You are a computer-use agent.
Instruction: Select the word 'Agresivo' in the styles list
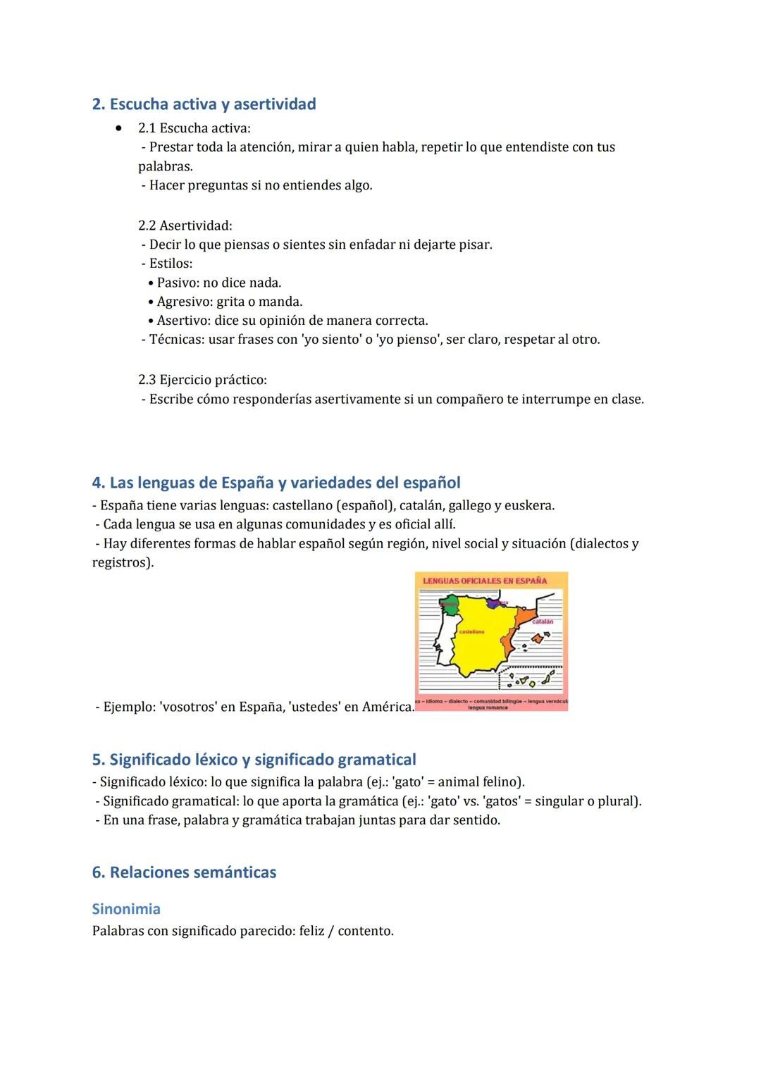pyautogui.click(x=184, y=302)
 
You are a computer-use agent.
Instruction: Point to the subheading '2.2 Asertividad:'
pyautogui.click(x=185, y=225)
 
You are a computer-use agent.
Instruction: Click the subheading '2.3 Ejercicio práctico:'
pyautogui.click(x=202, y=380)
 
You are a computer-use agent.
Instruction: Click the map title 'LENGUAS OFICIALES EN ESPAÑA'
pyautogui.click(x=485, y=581)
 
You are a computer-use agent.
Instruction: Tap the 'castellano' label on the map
pyautogui.click(x=471, y=632)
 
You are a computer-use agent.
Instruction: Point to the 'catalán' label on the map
pyautogui.click(x=542, y=622)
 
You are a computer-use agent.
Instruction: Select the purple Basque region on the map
pyautogui.click(x=496, y=602)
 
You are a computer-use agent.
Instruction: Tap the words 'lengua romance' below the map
pyautogui.click(x=488, y=707)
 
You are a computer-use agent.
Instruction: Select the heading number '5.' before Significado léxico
pyautogui.click(x=99, y=760)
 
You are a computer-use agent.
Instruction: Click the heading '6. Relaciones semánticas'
pyautogui.click(x=184, y=872)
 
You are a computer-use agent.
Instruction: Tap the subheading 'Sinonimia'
pyautogui.click(x=126, y=909)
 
